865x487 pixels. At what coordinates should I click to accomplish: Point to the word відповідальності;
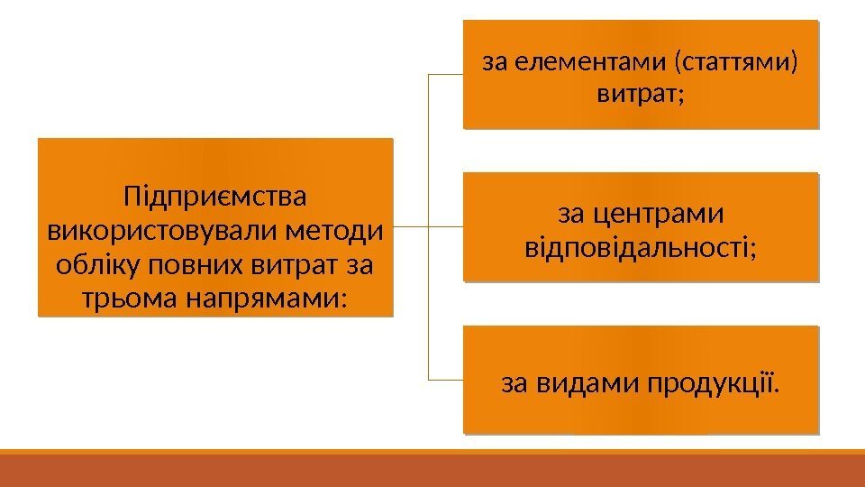[641, 245]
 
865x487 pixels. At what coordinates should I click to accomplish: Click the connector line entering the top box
[446, 76]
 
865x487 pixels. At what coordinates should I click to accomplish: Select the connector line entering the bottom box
[446, 380]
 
